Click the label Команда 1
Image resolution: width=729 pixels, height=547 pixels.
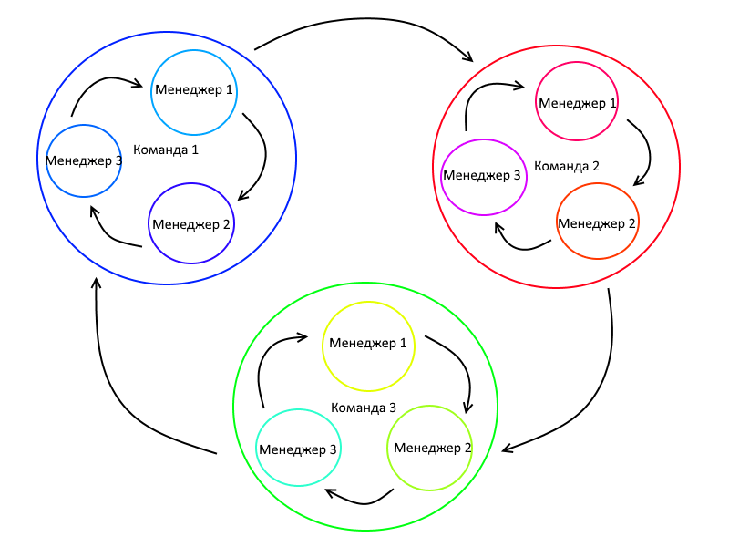click(165, 149)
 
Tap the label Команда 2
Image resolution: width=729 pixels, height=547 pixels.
click(566, 166)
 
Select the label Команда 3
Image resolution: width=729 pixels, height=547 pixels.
click(363, 408)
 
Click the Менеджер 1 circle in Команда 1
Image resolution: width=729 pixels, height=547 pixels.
click(194, 91)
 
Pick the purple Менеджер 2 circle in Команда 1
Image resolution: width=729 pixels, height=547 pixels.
click(192, 223)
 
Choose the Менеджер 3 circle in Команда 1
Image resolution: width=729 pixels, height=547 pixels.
click(84, 161)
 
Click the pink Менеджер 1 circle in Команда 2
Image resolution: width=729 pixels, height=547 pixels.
click(578, 102)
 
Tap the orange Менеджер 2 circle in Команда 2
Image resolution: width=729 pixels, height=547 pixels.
click(597, 222)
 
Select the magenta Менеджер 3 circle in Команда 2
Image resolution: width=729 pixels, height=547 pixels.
click(483, 176)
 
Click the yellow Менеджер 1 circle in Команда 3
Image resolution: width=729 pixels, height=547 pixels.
click(368, 344)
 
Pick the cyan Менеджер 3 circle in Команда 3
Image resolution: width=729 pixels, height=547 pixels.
click(298, 449)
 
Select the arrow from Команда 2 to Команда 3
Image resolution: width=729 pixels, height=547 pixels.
click(601, 383)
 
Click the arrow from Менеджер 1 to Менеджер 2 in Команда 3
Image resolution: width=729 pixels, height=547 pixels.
click(460, 365)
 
